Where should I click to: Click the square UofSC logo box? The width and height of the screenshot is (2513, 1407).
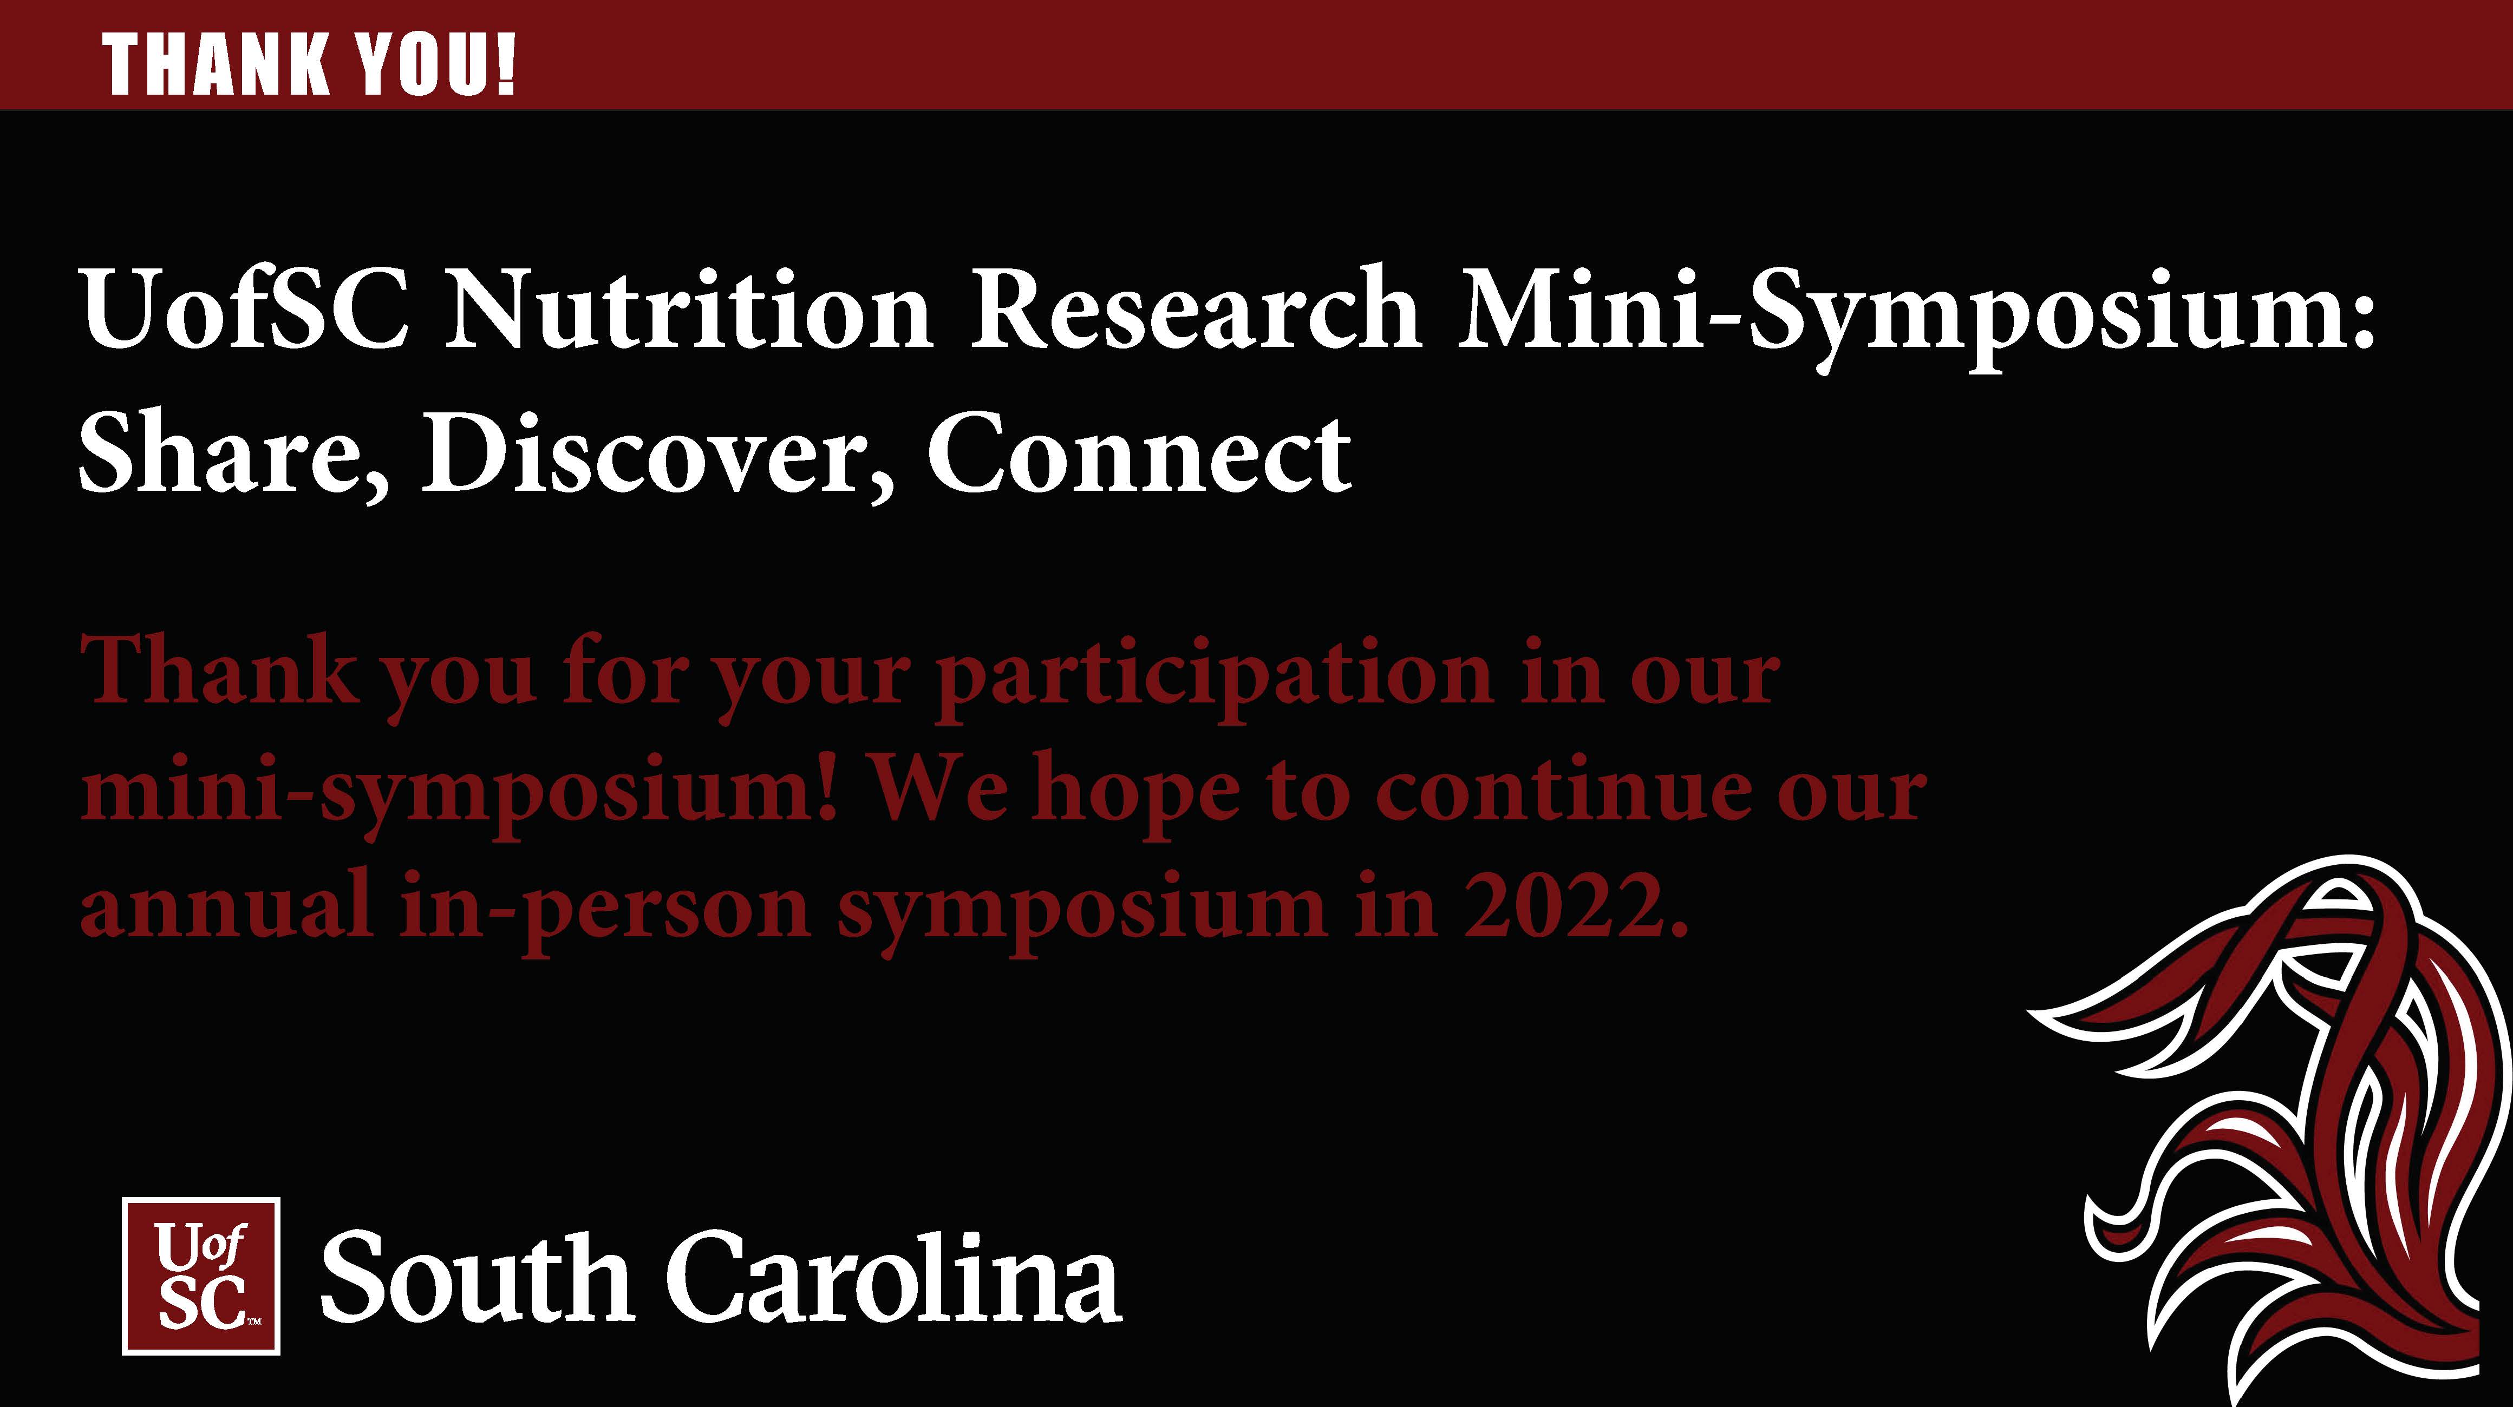click(201, 1275)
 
